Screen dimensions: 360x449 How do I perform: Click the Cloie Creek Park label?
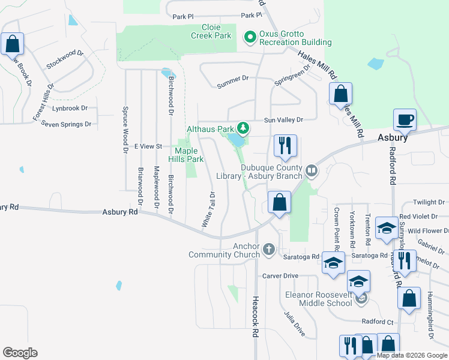pos(211,32)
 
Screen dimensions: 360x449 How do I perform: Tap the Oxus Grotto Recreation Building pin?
pos(250,38)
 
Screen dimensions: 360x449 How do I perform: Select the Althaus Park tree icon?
pos(243,128)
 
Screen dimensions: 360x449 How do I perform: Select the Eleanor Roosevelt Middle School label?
pos(318,299)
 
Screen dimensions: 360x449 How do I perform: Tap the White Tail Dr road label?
pos(208,209)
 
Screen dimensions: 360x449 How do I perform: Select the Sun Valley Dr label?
pos(285,120)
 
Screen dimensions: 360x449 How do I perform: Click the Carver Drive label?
pos(280,276)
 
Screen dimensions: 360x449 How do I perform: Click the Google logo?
pos(20,353)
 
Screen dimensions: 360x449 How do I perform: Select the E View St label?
pos(148,146)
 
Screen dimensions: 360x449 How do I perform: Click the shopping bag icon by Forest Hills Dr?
pos(12,44)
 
